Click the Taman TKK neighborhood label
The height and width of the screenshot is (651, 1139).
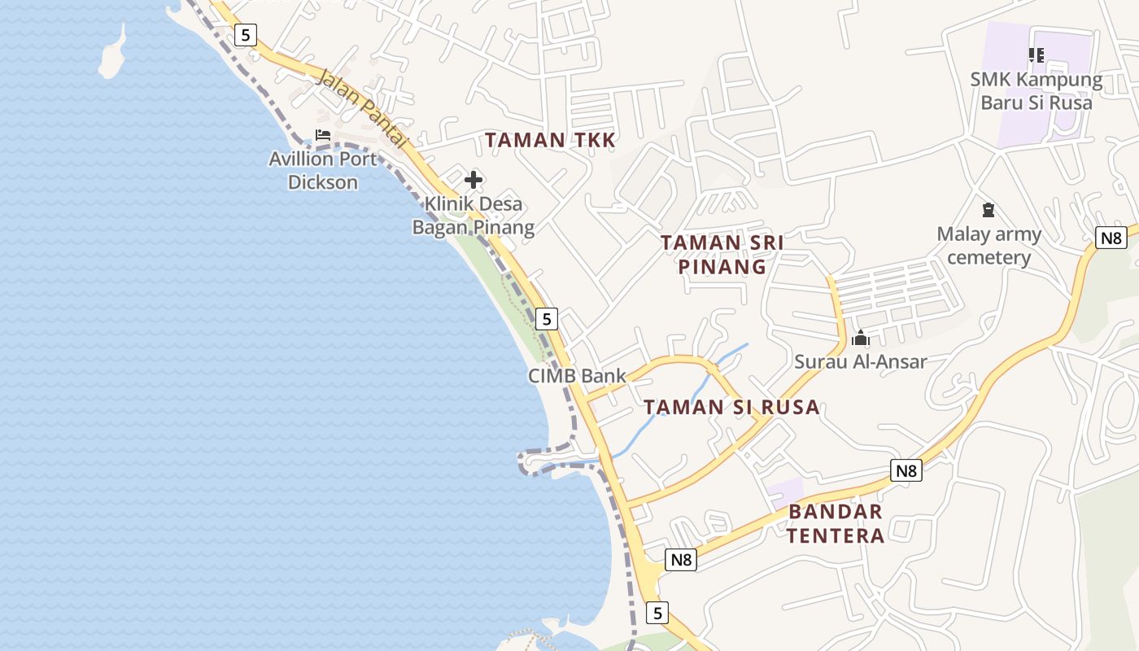(550, 140)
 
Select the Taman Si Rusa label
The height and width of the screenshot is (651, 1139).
(731, 407)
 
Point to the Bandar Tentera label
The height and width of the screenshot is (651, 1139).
(836, 523)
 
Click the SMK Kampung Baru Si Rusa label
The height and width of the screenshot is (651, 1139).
(1036, 91)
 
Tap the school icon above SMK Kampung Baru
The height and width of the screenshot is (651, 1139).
(1036, 55)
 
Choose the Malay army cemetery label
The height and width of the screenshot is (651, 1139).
(988, 246)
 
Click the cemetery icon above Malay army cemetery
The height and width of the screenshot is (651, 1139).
(988, 211)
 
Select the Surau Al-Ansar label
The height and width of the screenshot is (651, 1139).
(861, 361)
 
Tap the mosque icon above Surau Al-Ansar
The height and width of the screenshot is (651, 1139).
(860, 339)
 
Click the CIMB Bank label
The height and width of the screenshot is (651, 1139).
(577, 376)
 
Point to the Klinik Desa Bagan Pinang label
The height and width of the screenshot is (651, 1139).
(473, 215)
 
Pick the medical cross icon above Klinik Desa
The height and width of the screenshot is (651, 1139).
(473, 180)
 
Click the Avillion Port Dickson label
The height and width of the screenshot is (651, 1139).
(323, 170)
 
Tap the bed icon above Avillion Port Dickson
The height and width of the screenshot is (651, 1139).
(323, 135)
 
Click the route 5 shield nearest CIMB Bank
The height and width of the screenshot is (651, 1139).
(548, 319)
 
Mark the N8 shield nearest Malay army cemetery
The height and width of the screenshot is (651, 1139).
(1111, 238)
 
